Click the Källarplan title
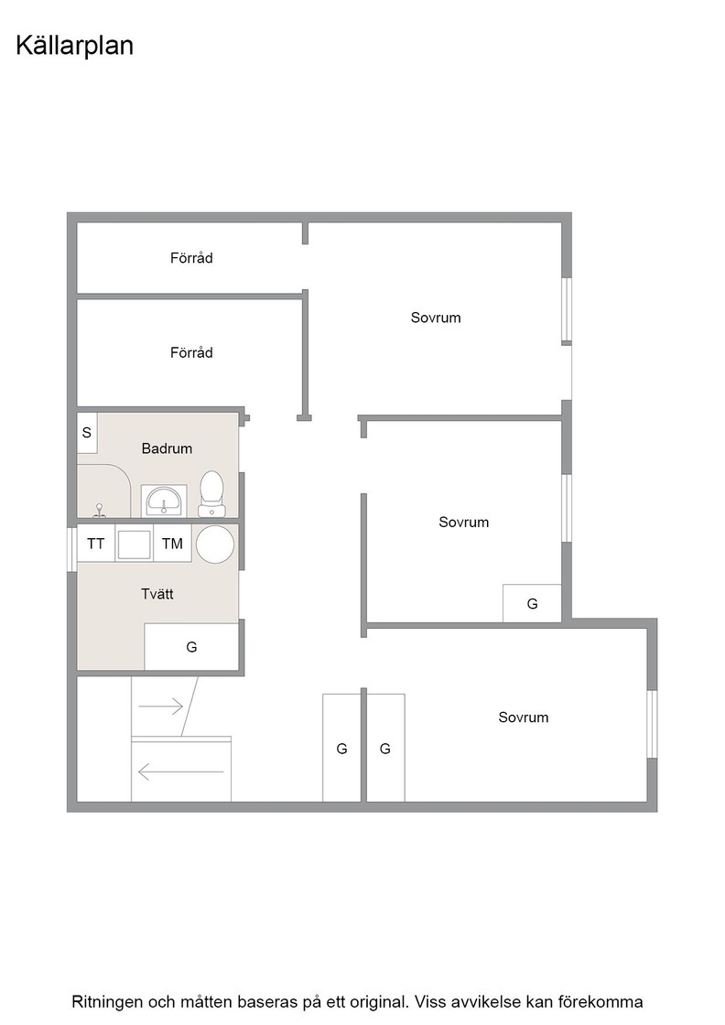click(74, 46)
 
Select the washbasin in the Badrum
click(164, 502)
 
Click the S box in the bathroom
click(87, 433)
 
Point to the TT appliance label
click(95, 544)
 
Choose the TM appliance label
click(173, 544)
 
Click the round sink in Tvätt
click(215, 544)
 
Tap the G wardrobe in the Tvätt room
click(191, 646)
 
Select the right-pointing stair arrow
click(160, 706)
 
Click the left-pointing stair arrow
click(181, 772)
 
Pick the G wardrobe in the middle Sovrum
click(532, 603)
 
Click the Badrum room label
click(167, 448)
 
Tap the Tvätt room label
click(157, 594)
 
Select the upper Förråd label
click(191, 257)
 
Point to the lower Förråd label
click(191, 352)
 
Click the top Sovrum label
click(436, 318)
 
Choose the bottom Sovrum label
click(523, 717)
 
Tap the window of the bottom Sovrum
click(652, 724)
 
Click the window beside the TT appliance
click(72, 549)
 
